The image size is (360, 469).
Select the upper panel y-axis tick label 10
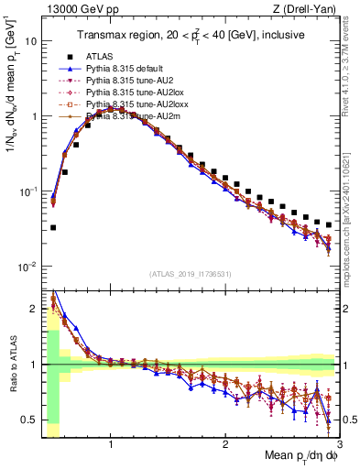click(30, 41)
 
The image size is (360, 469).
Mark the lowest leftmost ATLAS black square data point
click(53, 227)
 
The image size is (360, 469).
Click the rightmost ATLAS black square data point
click(329, 224)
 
